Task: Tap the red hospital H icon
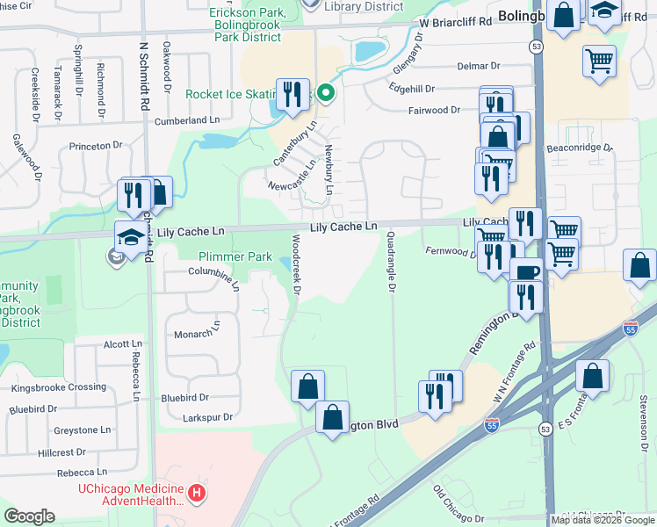pyautogui.click(x=199, y=495)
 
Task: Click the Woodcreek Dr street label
pyautogui.click(x=296, y=263)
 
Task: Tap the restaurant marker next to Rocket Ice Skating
pyautogui.click(x=292, y=94)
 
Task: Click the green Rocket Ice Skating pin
pyautogui.click(x=326, y=92)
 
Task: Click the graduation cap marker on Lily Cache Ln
pyautogui.click(x=131, y=237)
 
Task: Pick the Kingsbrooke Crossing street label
pyautogui.click(x=58, y=387)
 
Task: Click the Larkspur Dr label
pyautogui.click(x=203, y=417)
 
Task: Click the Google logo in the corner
pyautogui.click(x=29, y=516)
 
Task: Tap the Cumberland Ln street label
pyautogui.click(x=186, y=120)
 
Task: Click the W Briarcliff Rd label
pyautogui.click(x=455, y=23)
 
